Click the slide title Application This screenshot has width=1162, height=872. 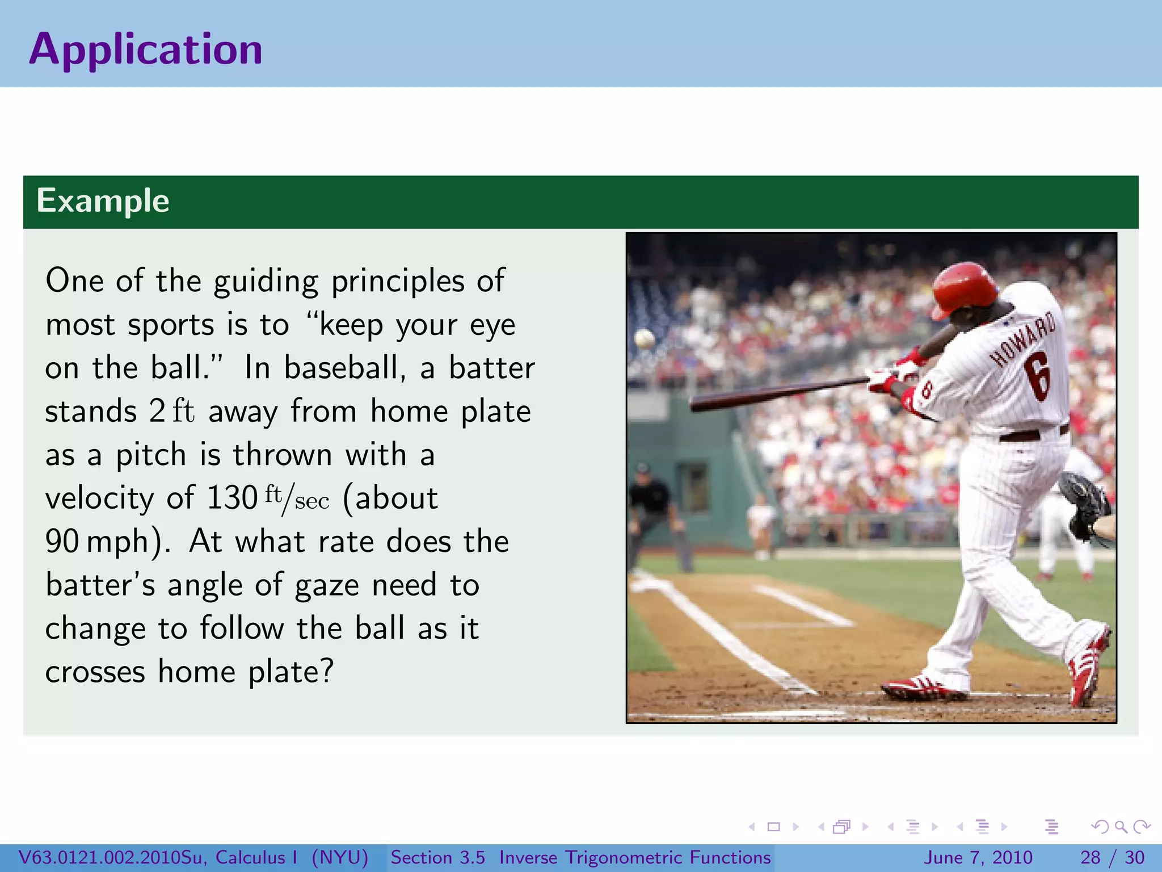pos(146,49)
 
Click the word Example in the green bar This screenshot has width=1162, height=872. pos(103,201)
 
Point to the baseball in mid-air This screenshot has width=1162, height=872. pos(645,339)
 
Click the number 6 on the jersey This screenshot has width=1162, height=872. pos(1038,375)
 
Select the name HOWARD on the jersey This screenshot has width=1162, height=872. pos(1022,339)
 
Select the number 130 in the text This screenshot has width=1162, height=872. pos(232,498)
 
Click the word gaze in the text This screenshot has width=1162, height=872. pos(327,585)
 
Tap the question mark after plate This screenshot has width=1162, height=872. pos(326,672)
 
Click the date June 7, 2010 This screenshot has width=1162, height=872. pos(979,857)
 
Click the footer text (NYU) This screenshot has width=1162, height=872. pos(340,857)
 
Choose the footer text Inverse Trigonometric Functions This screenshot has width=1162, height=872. pos(635,857)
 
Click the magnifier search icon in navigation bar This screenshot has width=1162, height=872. pos(1121,827)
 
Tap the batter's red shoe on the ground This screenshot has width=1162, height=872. pos(922,689)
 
